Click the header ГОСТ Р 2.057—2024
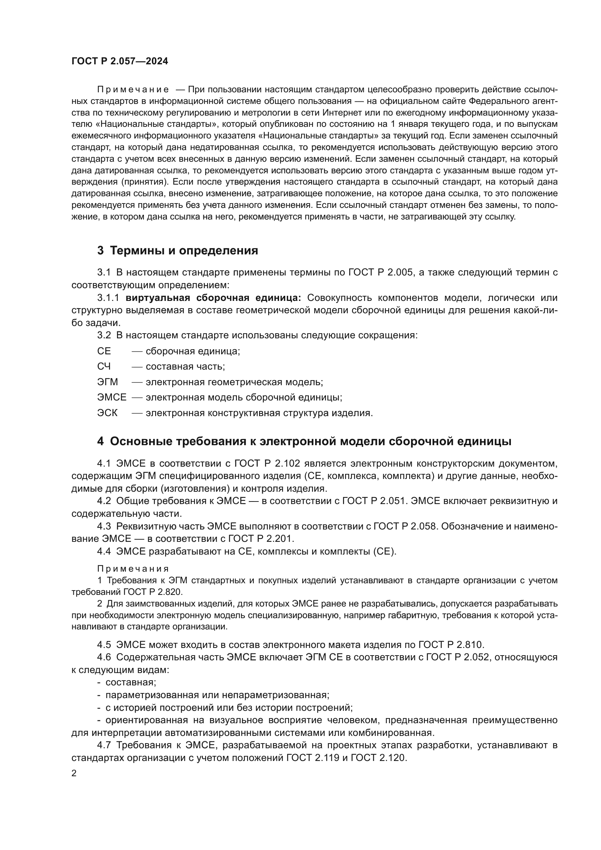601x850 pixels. click(x=120, y=61)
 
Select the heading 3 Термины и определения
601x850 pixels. click(x=178, y=251)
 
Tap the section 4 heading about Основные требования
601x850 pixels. click(x=304, y=441)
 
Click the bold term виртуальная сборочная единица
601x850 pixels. click(x=213, y=298)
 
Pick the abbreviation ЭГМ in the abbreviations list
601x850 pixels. click(x=107, y=382)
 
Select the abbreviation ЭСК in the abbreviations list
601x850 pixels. click(x=107, y=413)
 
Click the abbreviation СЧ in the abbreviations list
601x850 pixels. click(x=104, y=367)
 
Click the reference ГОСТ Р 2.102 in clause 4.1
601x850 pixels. click(x=264, y=463)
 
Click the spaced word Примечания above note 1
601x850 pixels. click(x=133, y=569)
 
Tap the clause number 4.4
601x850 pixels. click(x=104, y=552)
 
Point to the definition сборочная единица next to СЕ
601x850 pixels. click(x=193, y=351)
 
